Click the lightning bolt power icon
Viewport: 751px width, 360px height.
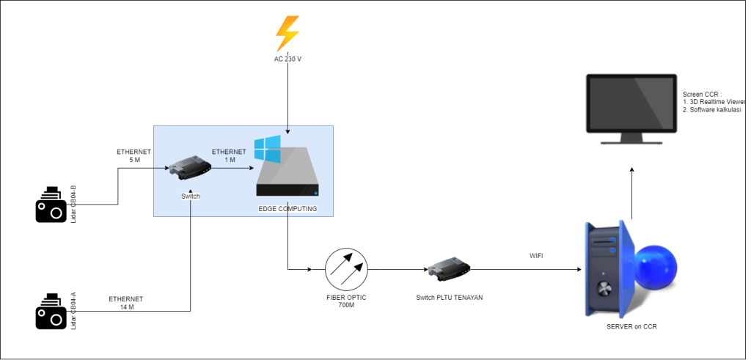coord(287,33)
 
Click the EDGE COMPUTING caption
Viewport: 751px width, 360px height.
coord(287,209)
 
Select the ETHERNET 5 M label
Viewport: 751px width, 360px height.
coord(133,155)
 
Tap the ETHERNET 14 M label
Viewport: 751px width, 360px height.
coord(126,303)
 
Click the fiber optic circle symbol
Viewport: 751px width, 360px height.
coord(347,270)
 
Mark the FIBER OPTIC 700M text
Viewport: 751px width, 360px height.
coord(346,301)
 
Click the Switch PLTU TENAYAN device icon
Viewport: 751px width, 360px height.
coord(448,270)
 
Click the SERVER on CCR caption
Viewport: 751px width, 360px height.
coord(631,326)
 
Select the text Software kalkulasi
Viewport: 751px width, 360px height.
coord(715,109)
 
